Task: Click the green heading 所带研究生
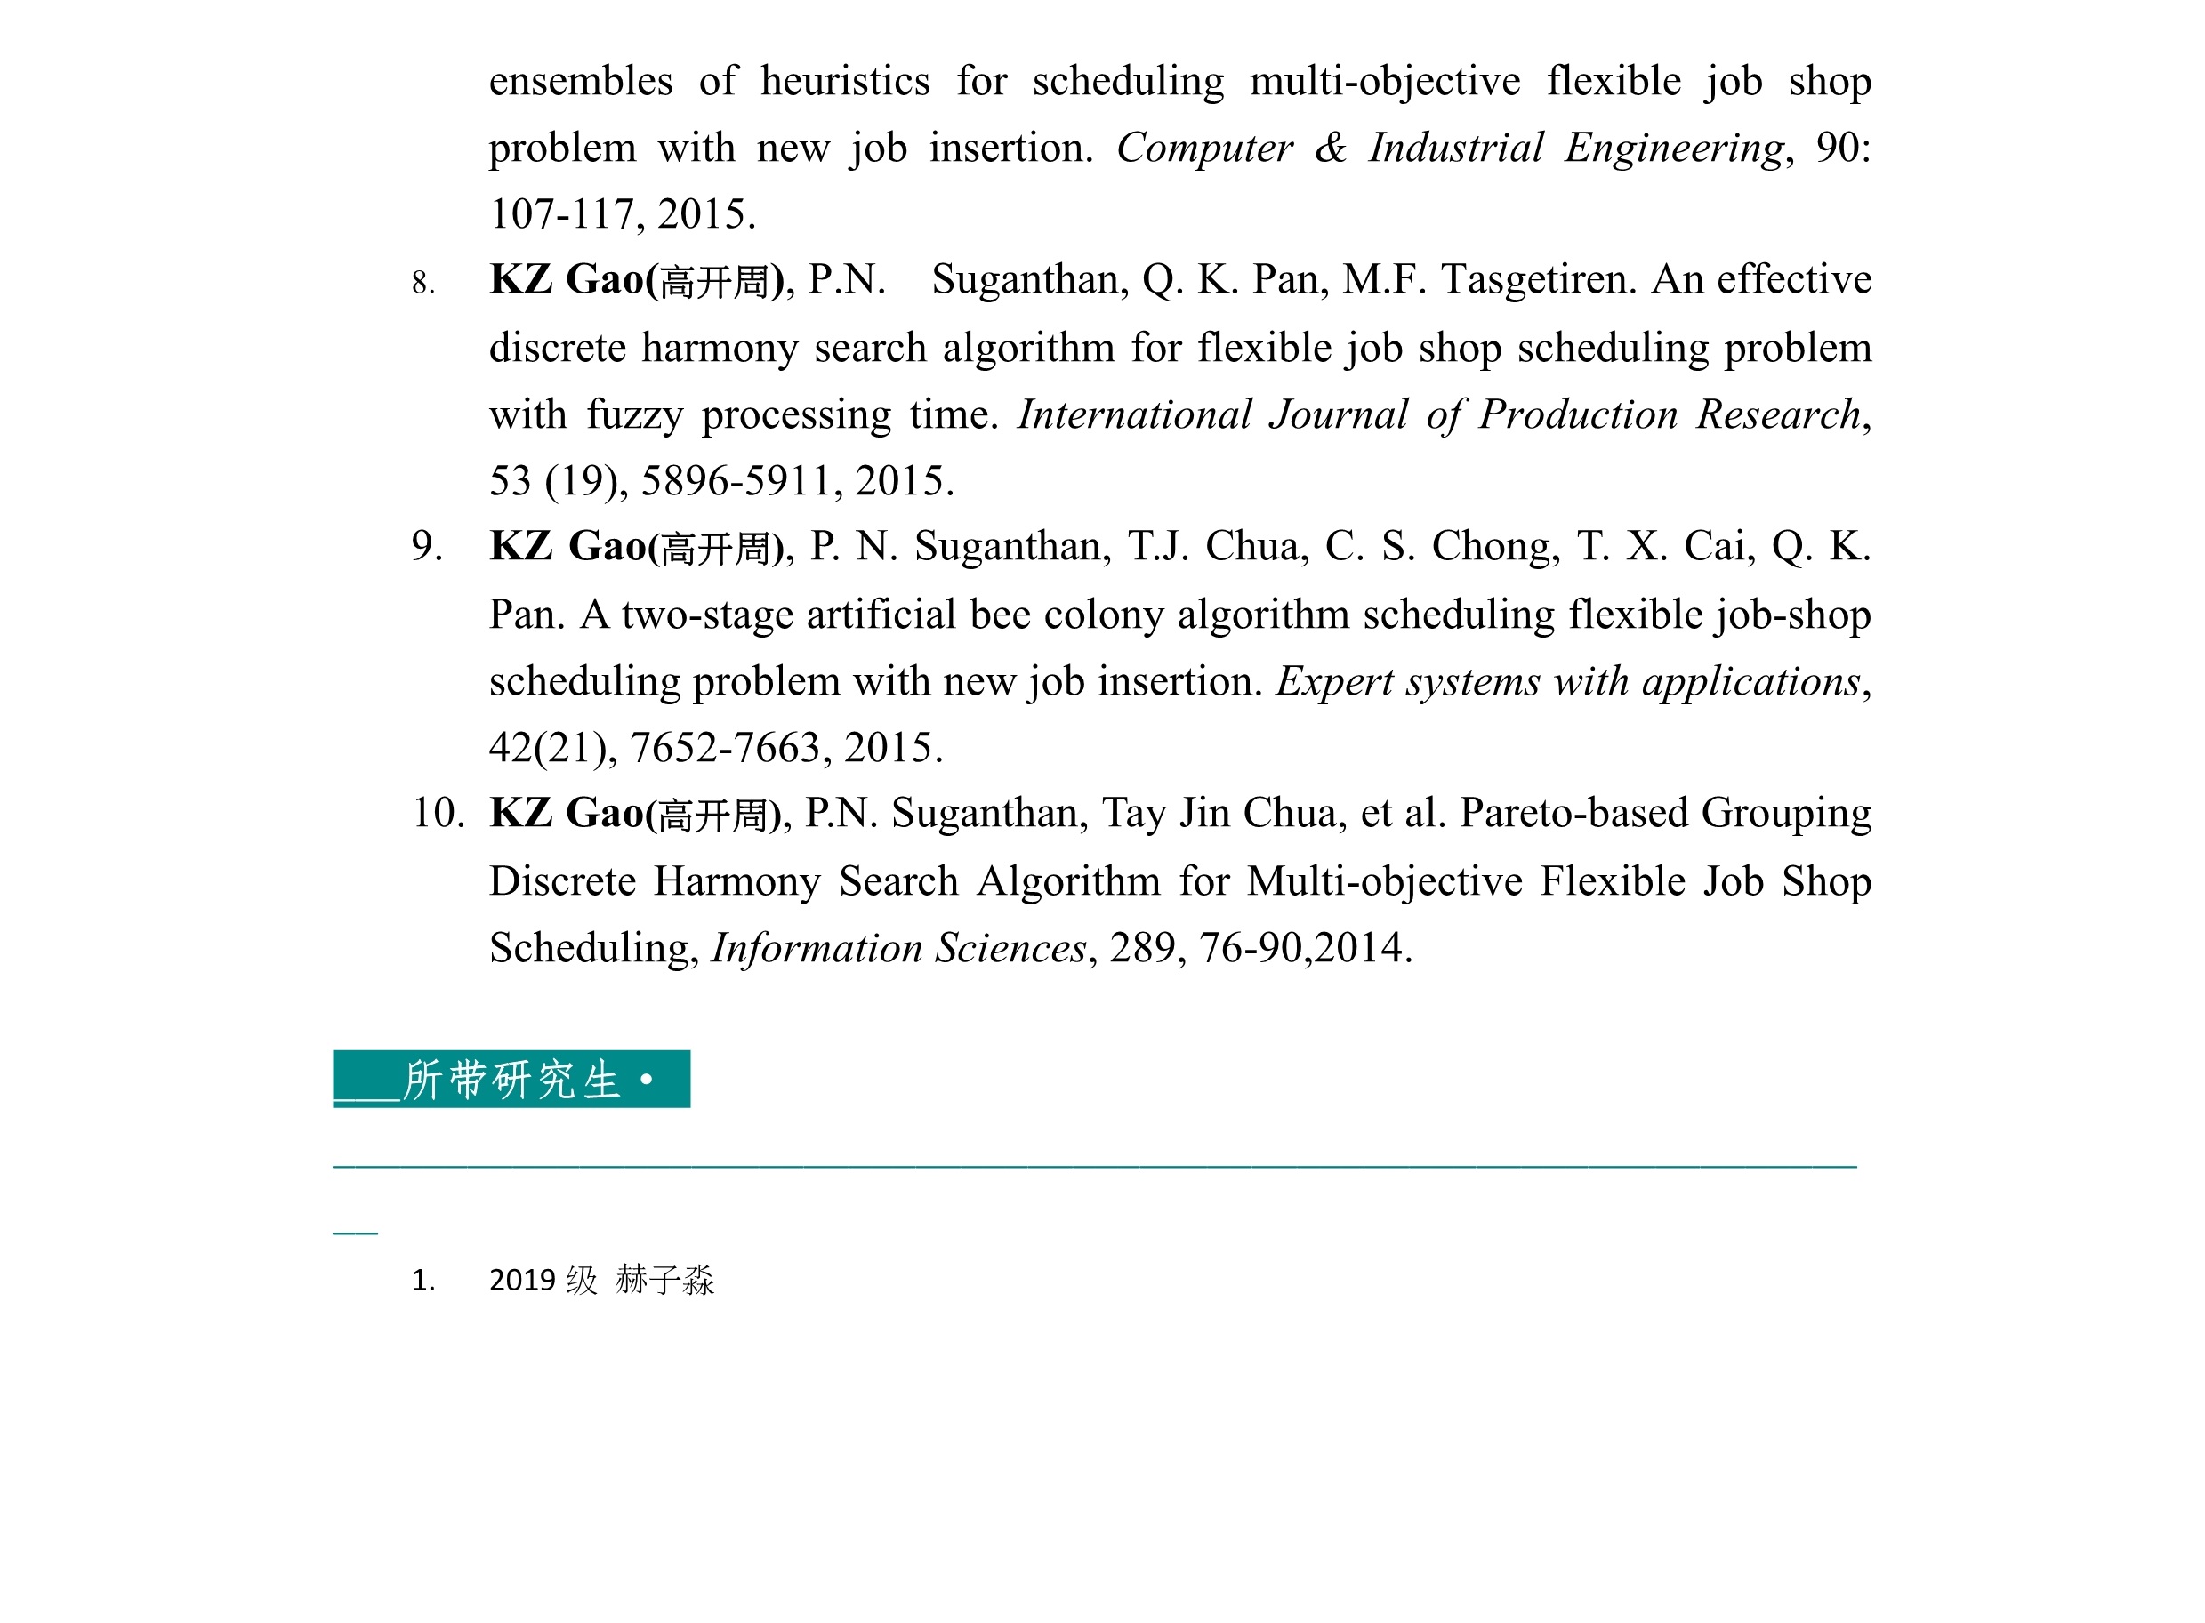pos(511,1080)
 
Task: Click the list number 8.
pos(422,283)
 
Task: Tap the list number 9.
pos(425,546)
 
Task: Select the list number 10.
pos(438,814)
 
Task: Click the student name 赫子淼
pos(664,1280)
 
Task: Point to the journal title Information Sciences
pos(898,948)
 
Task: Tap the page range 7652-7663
pos(725,749)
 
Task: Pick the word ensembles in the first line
pos(581,82)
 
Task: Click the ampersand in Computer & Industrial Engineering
pos(1331,149)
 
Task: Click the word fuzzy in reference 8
pos(634,414)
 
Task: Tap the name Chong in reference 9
pos(1494,546)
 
